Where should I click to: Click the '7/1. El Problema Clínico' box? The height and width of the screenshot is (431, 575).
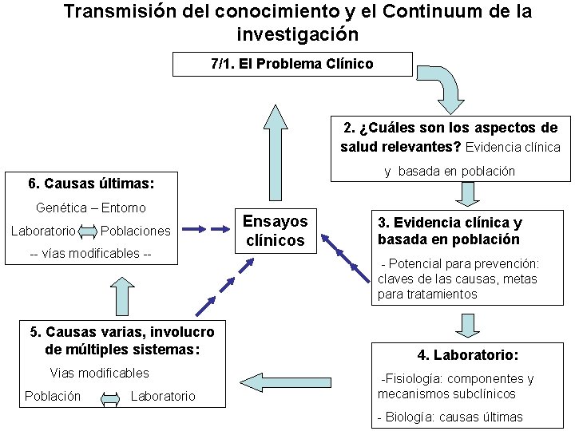tap(292, 64)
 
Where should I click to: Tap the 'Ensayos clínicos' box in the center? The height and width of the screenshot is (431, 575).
tap(275, 231)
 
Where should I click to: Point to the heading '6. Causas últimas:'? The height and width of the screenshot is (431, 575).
tap(91, 184)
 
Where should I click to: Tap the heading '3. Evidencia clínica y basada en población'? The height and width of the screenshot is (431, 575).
tap(450, 231)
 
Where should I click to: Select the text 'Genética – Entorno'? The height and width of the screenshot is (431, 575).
tap(91, 208)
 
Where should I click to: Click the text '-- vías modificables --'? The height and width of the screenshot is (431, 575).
tap(90, 253)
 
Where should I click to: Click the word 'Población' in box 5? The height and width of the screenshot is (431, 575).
tap(53, 396)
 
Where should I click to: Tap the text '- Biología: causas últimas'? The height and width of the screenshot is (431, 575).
tap(450, 417)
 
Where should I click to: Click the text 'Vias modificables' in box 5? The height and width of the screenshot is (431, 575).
tap(99, 373)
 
